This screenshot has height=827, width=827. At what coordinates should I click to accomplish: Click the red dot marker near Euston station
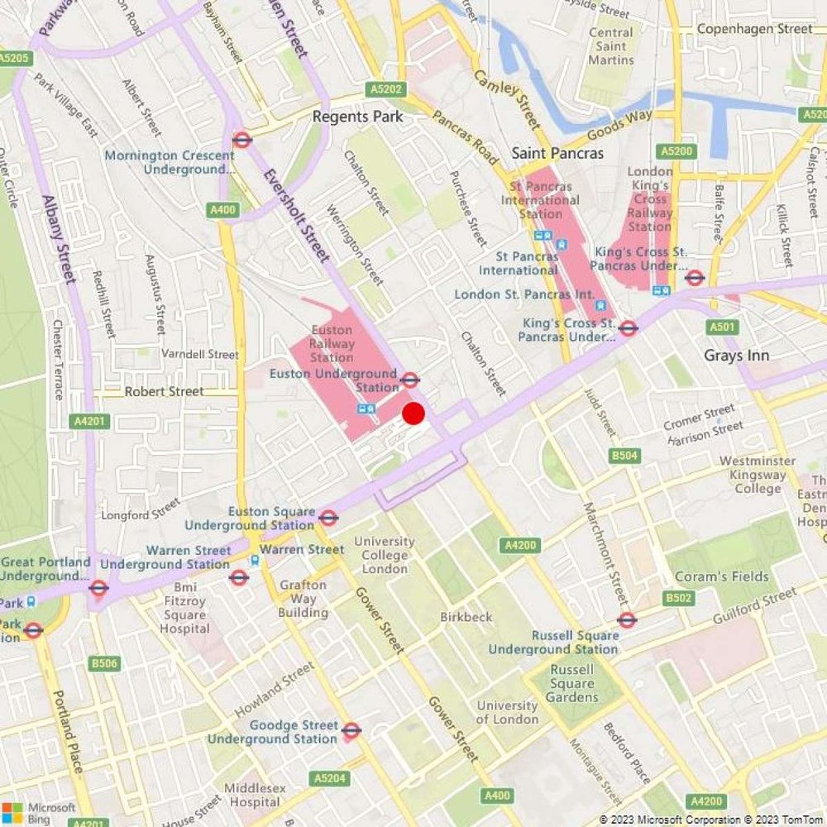(x=413, y=413)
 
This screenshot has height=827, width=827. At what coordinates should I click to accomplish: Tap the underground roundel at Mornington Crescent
(x=241, y=140)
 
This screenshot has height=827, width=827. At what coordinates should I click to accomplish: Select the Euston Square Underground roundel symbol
(x=328, y=518)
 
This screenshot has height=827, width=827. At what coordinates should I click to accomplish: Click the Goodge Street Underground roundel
(x=351, y=729)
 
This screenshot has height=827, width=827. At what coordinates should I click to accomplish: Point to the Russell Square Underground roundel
(x=626, y=619)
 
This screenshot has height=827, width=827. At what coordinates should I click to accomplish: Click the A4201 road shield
(x=88, y=421)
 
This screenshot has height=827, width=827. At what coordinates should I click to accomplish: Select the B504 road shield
(x=624, y=456)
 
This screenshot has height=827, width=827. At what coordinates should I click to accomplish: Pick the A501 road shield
(x=721, y=327)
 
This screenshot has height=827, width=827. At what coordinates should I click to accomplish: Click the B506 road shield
(x=105, y=663)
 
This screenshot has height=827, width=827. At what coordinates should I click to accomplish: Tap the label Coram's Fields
(x=722, y=576)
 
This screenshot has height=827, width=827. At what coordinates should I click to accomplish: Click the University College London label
(x=385, y=555)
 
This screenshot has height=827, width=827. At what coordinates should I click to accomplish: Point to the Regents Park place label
(x=357, y=117)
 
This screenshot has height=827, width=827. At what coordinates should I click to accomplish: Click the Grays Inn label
(x=736, y=356)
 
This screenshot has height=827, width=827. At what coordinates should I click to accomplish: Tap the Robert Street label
(x=164, y=391)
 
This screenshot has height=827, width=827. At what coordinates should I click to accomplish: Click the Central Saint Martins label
(x=611, y=46)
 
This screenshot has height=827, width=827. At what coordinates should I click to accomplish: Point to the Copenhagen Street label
(x=754, y=29)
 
